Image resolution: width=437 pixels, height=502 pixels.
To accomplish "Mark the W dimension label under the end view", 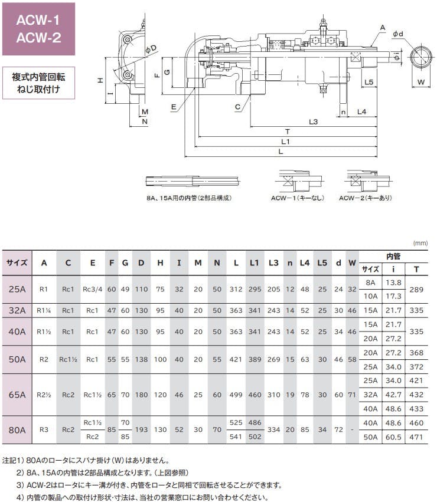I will pyautogui.click(x=421, y=82).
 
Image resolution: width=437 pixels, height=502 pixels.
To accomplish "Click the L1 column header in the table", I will pyautogui.click(x=255, y=263).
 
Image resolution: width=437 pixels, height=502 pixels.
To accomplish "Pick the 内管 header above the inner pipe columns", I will pyautogui.click(x=393, y=257).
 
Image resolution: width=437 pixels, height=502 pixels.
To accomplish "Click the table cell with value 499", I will pyautogui.click(x=236, y=395).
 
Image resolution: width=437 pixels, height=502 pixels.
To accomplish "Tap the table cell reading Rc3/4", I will pyautogui.click(x=93, y=290).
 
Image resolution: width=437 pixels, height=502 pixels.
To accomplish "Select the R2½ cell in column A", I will pyautogui.click(x=44, y=395).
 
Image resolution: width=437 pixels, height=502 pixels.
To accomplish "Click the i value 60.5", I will pyautogui.click(x=393, y=437).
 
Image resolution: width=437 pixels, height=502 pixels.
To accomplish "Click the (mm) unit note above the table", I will pyautogui.click(x=420, y=242).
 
